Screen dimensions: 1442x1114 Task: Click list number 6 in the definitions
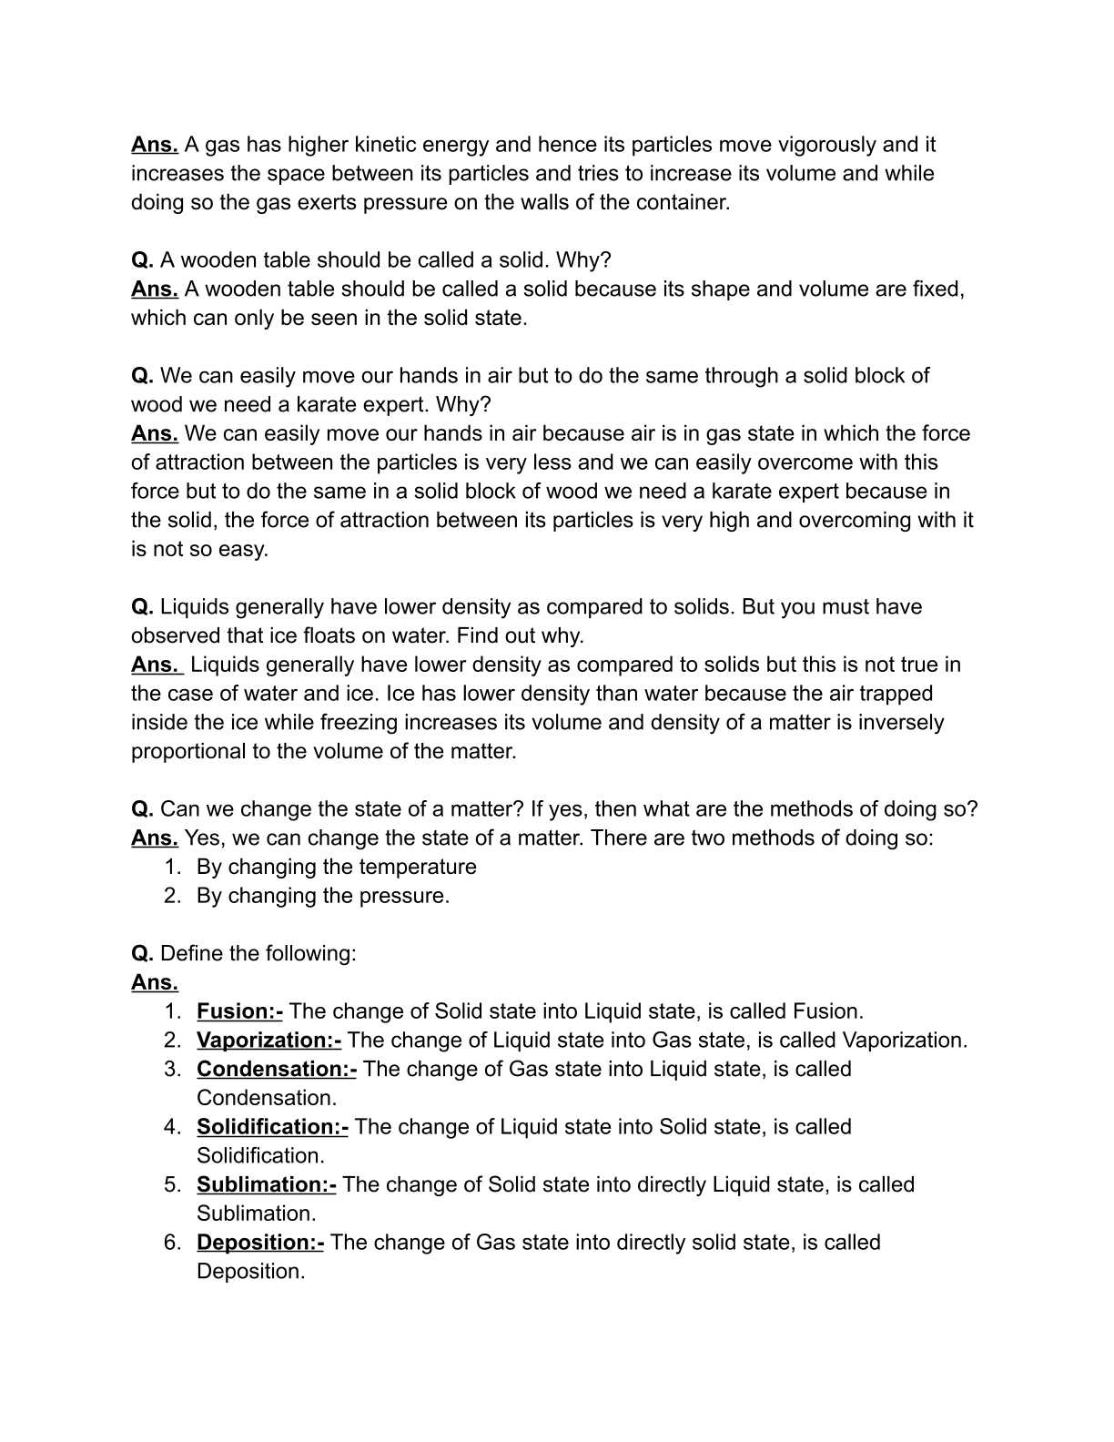(172, 1243)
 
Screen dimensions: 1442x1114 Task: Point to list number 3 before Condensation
(172, 1070)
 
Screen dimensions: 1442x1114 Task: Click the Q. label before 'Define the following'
(142, 954)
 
